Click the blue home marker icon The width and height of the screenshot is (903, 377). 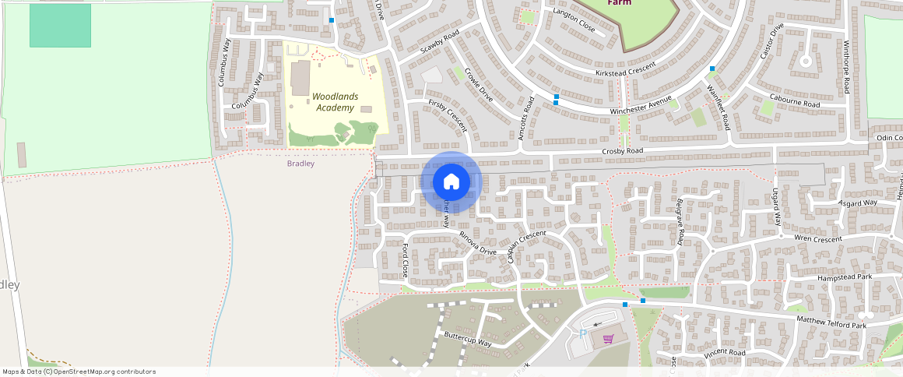[451, 182]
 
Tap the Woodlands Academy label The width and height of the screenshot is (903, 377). [336, 102]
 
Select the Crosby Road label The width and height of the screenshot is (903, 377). [623, 150]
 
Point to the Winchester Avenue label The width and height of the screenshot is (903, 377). [641, 105]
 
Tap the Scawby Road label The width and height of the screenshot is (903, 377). [440, 41]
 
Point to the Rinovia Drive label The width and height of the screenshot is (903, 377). [477, 243]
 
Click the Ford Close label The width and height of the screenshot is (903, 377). [405, 260]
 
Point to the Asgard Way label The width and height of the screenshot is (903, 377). [858, 204]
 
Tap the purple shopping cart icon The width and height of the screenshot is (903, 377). [609, 339]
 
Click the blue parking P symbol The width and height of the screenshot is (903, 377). [583, 334]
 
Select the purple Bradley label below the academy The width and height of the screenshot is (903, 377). [300, 164]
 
